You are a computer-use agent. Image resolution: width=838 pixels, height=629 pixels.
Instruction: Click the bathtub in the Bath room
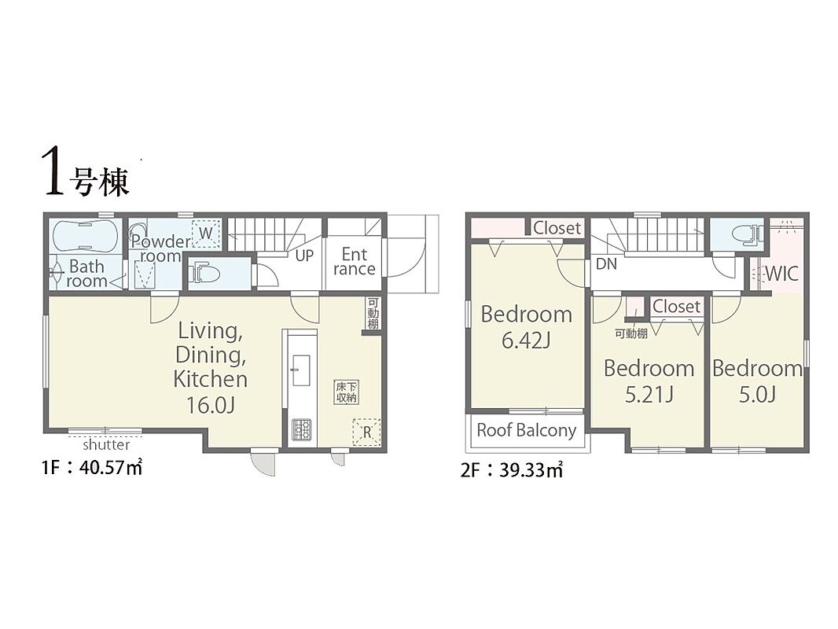coord(85,235)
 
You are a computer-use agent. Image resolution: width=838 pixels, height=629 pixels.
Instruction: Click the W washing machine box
coord(206,234)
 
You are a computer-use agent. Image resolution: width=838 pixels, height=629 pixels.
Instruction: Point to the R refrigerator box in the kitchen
coord(366,432)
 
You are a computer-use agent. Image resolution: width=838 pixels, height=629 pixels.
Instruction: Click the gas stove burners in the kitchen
coord(301,429)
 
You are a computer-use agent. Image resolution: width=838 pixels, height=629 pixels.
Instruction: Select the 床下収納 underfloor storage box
coord(347,392)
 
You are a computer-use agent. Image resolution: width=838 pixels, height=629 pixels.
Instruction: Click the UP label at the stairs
coord(304,256)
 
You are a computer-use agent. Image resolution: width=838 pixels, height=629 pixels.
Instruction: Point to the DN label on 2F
coord(606,264)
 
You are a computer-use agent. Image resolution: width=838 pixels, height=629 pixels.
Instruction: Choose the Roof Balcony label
coord(527,430)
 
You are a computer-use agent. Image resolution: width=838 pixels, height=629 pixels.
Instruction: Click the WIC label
coord(782,274)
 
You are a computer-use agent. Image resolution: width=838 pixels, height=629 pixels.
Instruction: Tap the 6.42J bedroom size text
coord(526,340)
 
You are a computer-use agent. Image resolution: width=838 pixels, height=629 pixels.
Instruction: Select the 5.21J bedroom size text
coord(649,395)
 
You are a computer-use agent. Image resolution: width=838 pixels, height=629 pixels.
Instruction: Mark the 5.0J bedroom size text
coord(757,395)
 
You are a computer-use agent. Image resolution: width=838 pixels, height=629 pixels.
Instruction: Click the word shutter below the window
coord(106,445)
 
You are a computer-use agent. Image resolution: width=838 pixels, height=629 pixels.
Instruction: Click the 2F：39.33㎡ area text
coord(512,470)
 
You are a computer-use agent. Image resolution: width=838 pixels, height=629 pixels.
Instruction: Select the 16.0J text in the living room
coord(210,406)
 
